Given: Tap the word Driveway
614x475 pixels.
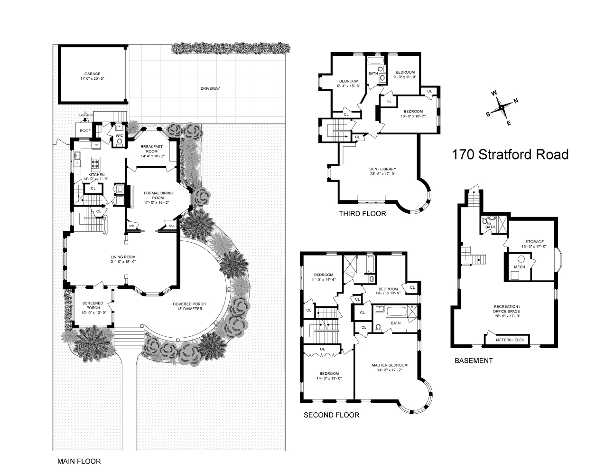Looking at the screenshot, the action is coord(210,88).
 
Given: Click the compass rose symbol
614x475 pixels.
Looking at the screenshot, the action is coord(502,108).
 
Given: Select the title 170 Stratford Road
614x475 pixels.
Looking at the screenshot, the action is coord(510,155).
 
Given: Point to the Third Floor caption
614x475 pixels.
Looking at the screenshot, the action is coord(362,214).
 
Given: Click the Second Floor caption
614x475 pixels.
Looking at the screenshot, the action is coord(331,415).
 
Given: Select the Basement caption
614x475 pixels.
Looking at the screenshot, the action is coord(473,361).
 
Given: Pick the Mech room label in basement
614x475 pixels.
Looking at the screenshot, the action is coord(520,267).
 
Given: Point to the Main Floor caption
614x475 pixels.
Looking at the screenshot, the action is coord(79,461).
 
